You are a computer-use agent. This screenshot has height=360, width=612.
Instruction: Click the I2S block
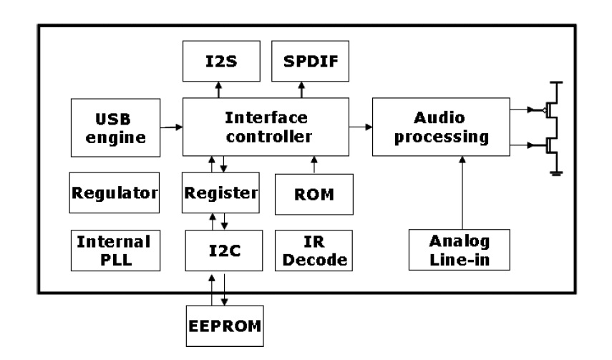pos(219,61)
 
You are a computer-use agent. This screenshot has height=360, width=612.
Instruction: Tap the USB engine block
pos(114,127)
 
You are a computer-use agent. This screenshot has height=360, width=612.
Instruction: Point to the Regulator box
pos(114,193)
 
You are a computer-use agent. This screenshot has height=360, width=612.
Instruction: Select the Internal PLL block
pos(114,250)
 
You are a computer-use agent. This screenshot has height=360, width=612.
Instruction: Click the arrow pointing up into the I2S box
pos(219,89)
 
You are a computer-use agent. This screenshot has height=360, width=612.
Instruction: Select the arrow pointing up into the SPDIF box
pos(301,89)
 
